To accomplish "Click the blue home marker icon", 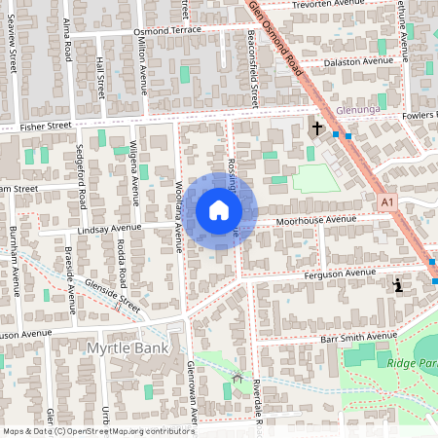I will pos(218,210).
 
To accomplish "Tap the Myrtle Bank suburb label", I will pos(128,348).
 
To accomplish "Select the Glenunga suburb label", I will pos(356,111).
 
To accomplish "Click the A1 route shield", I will pos(388,202).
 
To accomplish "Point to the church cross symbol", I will pos(316,128).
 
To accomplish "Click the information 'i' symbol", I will pos(397,285).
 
